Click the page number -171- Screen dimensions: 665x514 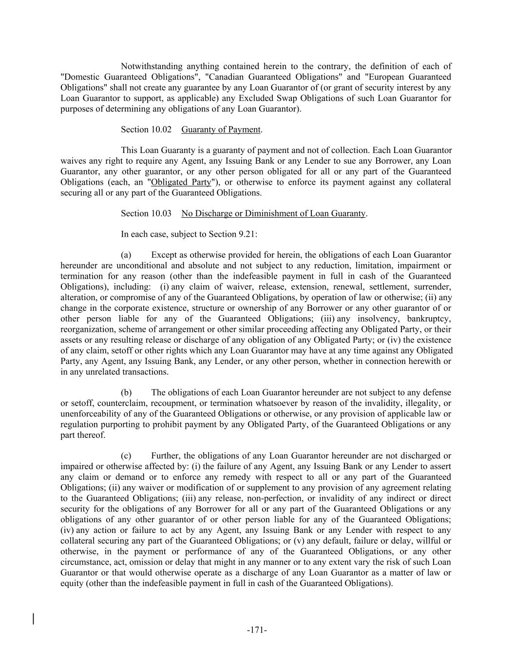pyautogui.click(x=257, y=630)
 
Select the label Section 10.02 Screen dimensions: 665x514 pyautogui.click(x=141, y=129)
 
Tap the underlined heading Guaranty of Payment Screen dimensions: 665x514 pyautogui.click(x=221, y=129)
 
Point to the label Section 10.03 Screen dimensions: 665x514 pyautogui.click(x=141, y=213)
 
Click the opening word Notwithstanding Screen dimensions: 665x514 pyautogui.click(x=152, y=66)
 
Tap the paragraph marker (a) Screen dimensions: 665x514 pyautogui.click(x=126, y=255)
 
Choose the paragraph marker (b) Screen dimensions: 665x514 pyautogui.click(x=126, y=392)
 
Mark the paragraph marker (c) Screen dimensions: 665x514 pyautogui.click(x=126, y=456)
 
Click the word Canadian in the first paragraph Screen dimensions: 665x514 pyautogui.click(x=227, y=77)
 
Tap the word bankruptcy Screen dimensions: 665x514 pyautogui.click(x=429, y=319)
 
